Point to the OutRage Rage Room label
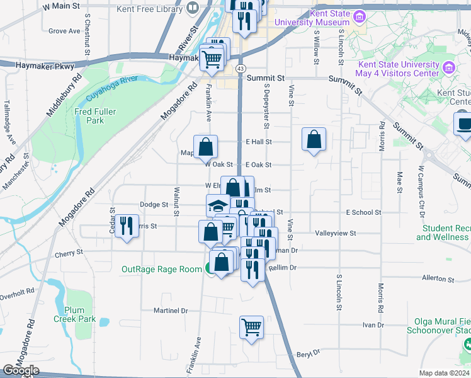(x=161, y=269)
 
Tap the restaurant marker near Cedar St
(x=127, y=226)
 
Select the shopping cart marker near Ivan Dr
(x=251, y=327)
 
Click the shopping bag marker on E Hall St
(x=314, y=139)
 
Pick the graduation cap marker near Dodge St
(x=218, y=205)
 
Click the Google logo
(x=20, y=370)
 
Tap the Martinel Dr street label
(x=171, y=311)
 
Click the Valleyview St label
(x=336, y=233)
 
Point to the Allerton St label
(x=438, y=277)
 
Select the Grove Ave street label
(x=64, y=31)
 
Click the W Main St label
(x=62, y=6)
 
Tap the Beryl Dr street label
(x=309, y=353)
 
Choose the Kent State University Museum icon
(x=359, y=15)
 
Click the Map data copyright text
(x=445, y=373)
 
